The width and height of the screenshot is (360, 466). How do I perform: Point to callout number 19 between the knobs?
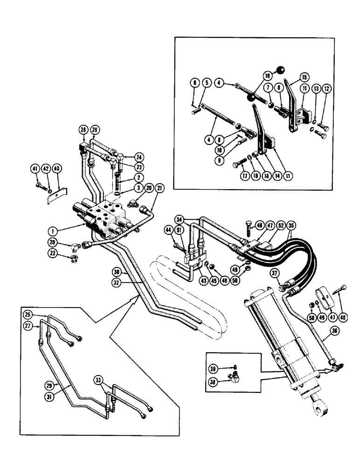coord(266,75)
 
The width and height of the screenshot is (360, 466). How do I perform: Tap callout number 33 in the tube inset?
coord(111,379)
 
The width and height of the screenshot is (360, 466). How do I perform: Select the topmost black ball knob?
coord(280,70)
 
